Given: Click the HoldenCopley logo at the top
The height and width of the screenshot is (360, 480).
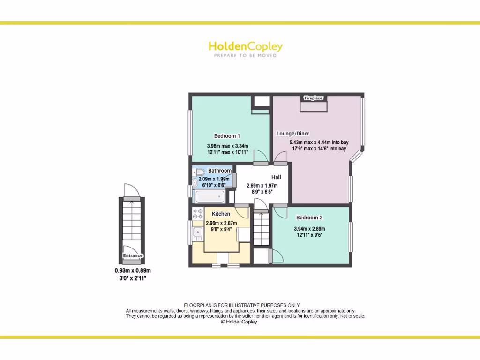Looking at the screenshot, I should pyautogui.click(x=245, y=46).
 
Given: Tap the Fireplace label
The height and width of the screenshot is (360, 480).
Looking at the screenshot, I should pyautogui.click(x=314, y=98).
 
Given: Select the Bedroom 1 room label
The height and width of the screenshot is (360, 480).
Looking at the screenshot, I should pyautogui.click(x=227, y=136).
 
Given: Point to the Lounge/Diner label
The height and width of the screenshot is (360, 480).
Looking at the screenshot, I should pyautogui.click(x=293, y=134).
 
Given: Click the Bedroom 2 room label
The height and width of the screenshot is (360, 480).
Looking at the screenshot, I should pyautogui.click(x=309, y=217).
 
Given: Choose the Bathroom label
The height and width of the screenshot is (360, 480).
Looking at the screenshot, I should pyautogui.click(x=220, y=171).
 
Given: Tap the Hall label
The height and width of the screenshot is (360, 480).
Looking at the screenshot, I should pyautogui.click(x=277, y=177).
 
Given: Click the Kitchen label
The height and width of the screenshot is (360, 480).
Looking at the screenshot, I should pyautogui.click(x=221, y=214).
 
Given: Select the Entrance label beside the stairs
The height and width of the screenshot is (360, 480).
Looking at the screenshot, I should pyautogui.click(x=133, y=255).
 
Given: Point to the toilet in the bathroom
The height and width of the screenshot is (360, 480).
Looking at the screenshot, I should pyautogui.click(x=198, y=172).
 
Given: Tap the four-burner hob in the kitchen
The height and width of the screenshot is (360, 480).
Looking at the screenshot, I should pyautogui.click(x=197, y=213).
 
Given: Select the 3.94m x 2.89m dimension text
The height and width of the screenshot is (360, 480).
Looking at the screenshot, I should pyautogui.click(x=309, y=229).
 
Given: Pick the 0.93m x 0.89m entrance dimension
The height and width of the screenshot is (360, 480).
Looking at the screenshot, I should pyautogui.click(x=133, y=270).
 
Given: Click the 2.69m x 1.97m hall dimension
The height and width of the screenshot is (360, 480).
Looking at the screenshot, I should pyautogui.click(x=262, y=185).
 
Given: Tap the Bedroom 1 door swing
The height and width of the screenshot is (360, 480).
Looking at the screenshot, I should pyautogui.click(x=259, y=157).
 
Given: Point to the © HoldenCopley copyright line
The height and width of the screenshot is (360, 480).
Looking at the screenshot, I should pyautogui.click(x=239, y=322).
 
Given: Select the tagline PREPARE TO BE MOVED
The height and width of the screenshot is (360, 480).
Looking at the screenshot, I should pyautogui.click(x=245, y=56).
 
